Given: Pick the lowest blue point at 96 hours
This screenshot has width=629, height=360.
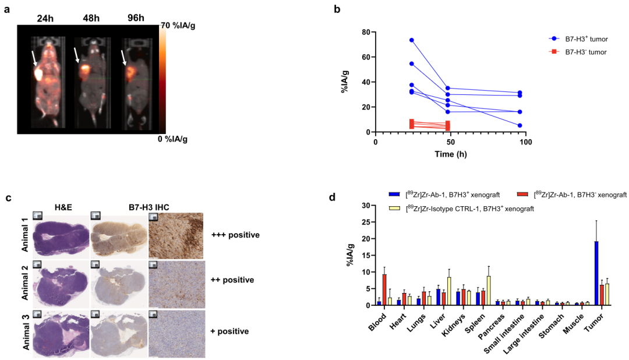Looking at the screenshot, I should (x=520, y=125).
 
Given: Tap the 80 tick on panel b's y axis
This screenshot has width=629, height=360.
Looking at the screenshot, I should (x=365, y=31).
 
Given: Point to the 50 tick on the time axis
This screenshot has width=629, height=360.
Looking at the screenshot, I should (x=450, y=141).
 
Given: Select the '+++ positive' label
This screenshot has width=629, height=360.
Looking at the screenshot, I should (x=236, y=235).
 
